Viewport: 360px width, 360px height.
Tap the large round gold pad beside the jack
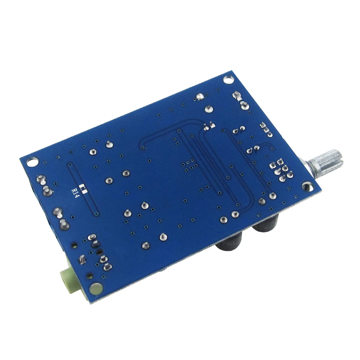[96, 288]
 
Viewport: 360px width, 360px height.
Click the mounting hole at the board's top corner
[228, 79]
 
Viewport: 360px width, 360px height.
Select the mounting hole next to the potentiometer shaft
[306, 186]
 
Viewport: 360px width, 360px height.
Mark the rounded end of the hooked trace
[144, 147]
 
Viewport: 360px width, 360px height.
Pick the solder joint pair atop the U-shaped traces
[207, 126]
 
